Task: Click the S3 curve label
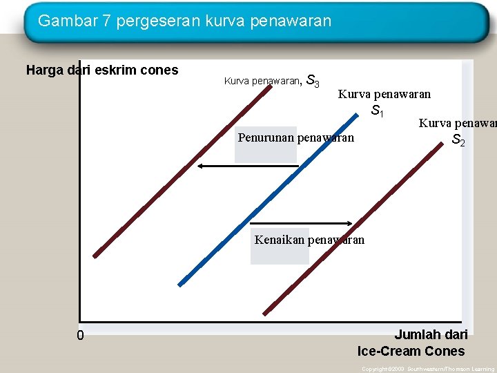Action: tap(312, 82)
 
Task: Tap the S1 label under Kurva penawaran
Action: tap(378, 110)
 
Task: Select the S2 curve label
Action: tap(458, 140)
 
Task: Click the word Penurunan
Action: tap(266, 137)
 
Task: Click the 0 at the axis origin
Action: tap(81, 336)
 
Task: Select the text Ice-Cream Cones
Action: tap(411, 350)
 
